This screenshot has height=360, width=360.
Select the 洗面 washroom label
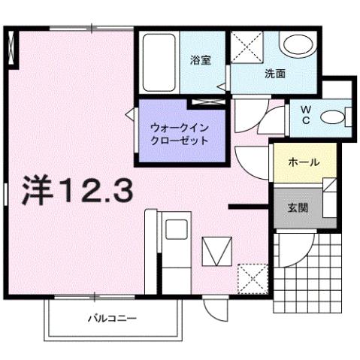274,74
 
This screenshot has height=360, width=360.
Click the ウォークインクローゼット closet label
179,133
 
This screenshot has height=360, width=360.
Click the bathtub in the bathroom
159,60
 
